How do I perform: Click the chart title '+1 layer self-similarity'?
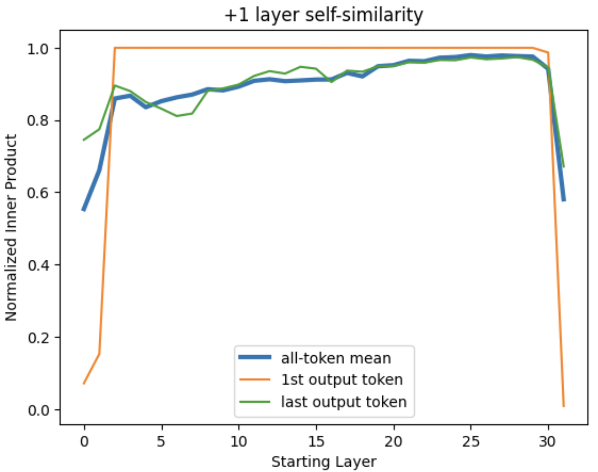323,15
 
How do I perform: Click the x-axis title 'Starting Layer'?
324,461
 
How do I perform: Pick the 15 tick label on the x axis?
316,441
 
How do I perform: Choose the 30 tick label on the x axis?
548,441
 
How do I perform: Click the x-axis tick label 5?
161,441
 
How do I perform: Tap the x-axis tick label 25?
471,441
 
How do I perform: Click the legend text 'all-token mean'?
336,358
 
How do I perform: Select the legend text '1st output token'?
342,379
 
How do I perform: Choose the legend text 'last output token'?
344,402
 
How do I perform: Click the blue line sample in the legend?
255,358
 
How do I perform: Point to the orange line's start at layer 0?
84,384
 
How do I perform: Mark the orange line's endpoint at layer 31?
564,406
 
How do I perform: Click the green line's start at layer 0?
84,140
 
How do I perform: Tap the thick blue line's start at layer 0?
84,210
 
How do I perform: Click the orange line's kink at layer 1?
99,354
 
